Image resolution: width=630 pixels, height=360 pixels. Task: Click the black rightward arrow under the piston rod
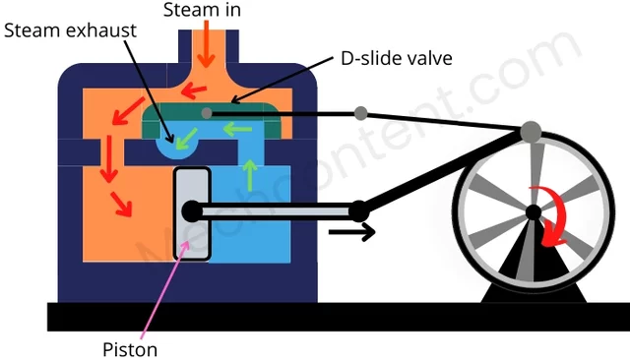(350, 234)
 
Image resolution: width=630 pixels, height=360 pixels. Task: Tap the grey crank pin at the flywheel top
(531, 130)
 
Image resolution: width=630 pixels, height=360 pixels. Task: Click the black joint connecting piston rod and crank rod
(359, 210)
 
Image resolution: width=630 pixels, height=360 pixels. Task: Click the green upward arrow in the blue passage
(251, 173)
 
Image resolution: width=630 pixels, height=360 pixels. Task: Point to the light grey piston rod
(276, 210)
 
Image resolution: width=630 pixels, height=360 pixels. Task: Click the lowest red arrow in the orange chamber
(121, 204)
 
